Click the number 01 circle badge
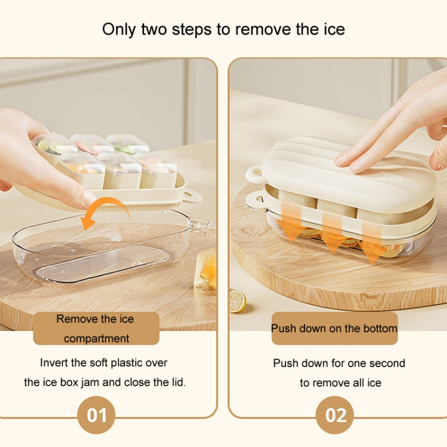[x=96, y=415]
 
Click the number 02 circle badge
[x=334, y=415]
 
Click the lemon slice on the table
[x=238, y=301]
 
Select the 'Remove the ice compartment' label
[x=96, y=328]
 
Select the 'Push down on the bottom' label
[x=334, y=328]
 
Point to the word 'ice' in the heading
[x=332, y=29]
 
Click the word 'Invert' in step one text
[x=55, y=362]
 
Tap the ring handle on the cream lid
[x=255, y=174]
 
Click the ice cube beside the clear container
[x=206, y=271]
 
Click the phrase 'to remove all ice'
[x=340, y=383]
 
